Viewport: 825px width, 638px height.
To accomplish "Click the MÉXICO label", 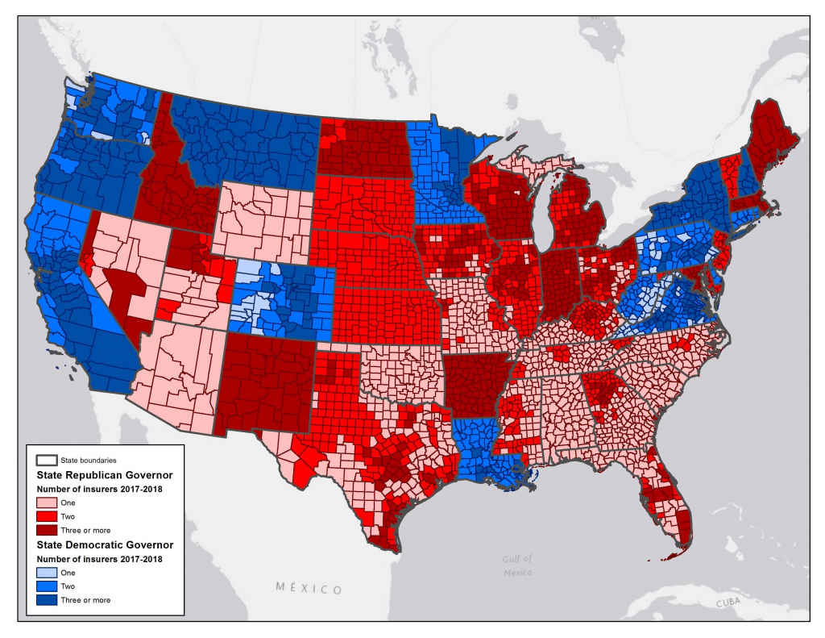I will [309, 589].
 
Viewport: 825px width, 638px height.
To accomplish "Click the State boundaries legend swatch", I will [47, 460].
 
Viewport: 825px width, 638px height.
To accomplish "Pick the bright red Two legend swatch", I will [47, 517].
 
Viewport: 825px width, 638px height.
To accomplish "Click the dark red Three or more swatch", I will [47, 531].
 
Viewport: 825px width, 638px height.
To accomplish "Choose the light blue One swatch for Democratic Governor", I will [47, 572].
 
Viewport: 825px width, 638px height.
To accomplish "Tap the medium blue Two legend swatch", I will [47, 586].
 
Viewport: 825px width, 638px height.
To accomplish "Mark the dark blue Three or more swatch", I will [47, 599].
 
